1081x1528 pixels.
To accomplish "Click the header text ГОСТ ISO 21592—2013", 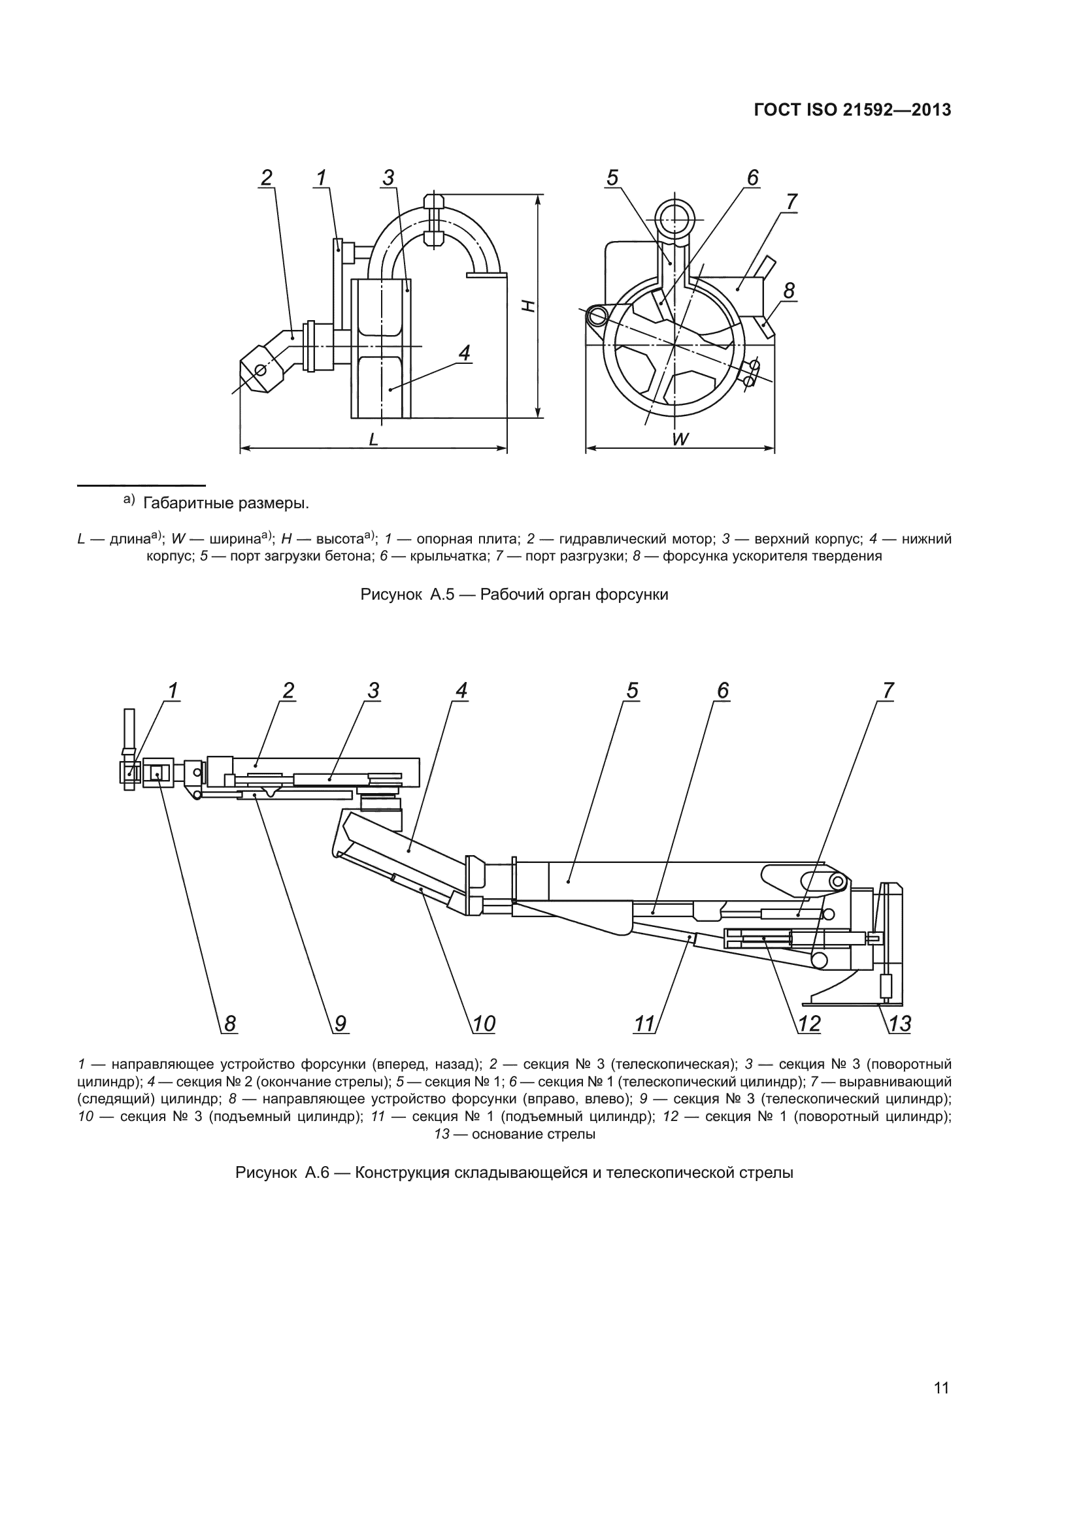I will pos(852,110).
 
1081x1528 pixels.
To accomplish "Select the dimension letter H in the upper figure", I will pos(528,306).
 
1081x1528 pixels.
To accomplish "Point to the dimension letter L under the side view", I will pos(373,439).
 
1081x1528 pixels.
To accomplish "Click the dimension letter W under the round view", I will pos(680,439).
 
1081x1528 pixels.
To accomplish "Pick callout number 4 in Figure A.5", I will pos(464,353).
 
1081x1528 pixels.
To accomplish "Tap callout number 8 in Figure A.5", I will pos(789,291).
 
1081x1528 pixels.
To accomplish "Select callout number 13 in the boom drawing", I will pos(900,1023).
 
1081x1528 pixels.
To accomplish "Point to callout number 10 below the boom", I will pos(484,1023).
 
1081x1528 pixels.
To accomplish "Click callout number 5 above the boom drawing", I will pos(632,691).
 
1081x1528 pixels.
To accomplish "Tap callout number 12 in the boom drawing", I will pos(809,1023).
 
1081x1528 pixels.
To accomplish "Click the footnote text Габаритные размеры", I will pos(225,503).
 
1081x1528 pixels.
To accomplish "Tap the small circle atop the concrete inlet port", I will pos(674,218).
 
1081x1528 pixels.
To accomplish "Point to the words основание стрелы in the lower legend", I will pos(533,1134).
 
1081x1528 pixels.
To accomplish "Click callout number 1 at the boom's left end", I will pos(173,691).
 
